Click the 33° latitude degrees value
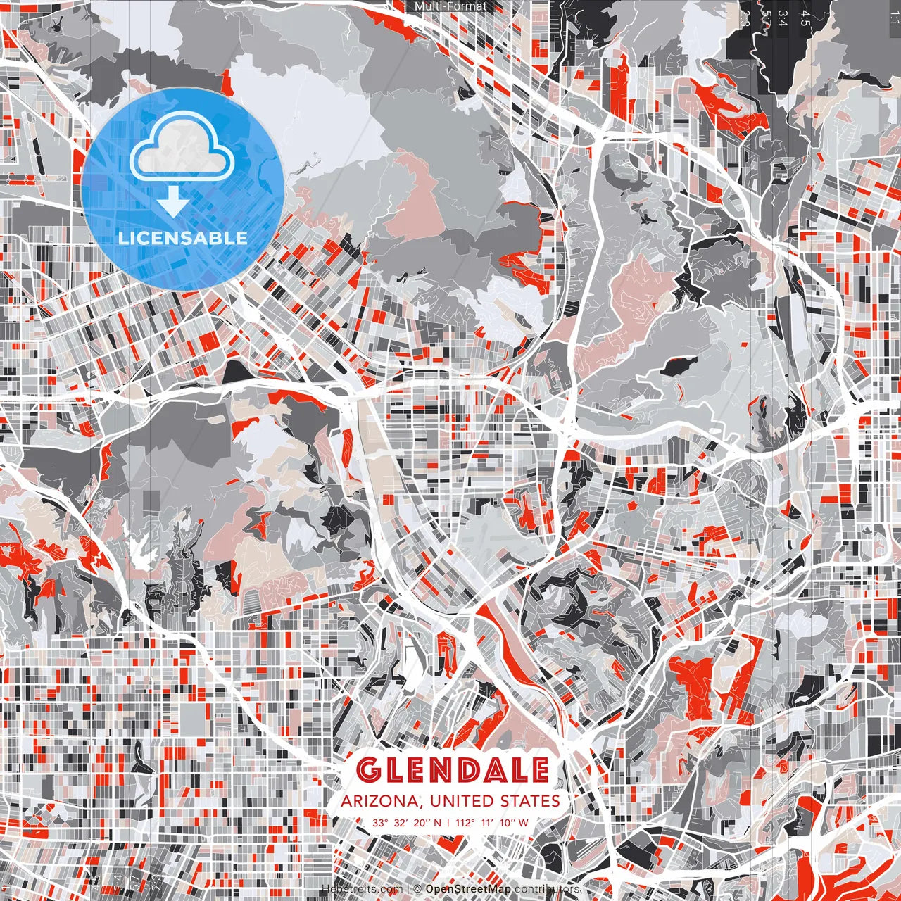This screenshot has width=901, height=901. tap(381, 822)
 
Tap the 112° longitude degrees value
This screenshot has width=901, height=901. tap(465, 822)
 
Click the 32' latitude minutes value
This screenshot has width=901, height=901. tap(402, 822)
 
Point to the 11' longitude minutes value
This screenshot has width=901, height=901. tap(490, 822)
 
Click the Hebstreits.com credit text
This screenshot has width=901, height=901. tap(362, 889)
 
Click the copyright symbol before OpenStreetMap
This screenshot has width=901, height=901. tap(417, 889)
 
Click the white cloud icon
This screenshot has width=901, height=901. tap(182, 147)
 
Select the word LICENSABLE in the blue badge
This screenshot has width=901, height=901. tap(183, 238)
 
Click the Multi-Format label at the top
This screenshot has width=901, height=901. tap(450, 6)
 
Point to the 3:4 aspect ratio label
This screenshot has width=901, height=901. tap(783, 18)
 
